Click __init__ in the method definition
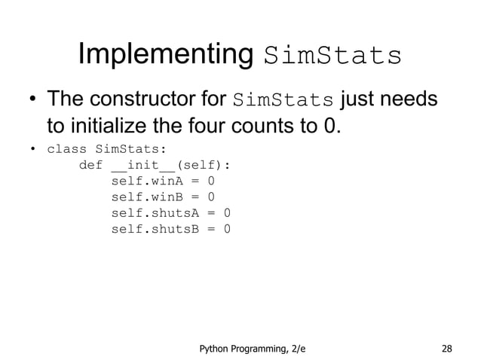click(142, 165)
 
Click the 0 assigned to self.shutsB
click(227, 229)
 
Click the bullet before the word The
click(33, 101)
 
